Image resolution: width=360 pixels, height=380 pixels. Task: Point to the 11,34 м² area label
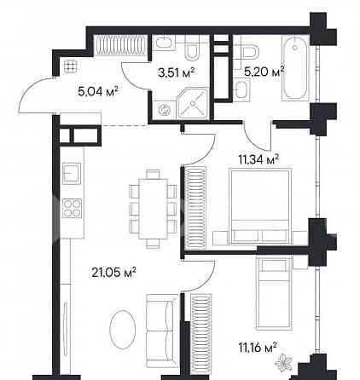tap(263, 158)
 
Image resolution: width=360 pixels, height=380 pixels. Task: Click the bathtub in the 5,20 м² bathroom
tap(293, 68)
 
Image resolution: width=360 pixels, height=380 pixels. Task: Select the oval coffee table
tap(124, 329)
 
